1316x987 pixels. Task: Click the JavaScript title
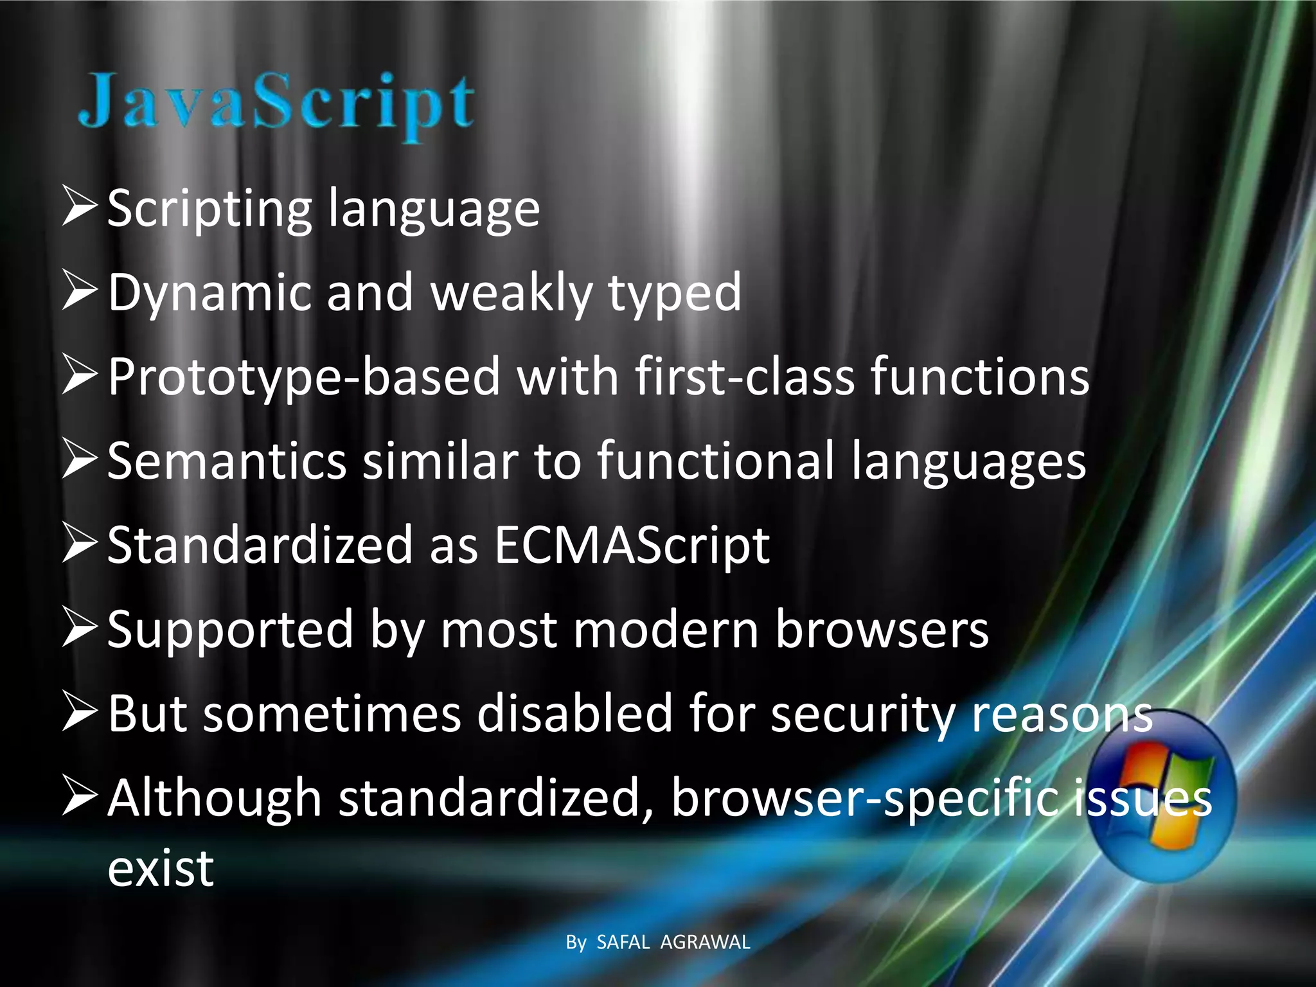276,103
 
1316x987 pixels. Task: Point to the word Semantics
227,461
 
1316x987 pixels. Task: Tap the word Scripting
209,209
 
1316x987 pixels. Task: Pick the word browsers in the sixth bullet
882,630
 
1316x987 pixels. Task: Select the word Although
215,799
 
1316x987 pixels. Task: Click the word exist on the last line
161,869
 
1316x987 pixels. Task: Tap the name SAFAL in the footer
623,942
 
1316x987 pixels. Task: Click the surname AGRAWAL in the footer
705,942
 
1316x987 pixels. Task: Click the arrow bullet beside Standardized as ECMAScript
79,544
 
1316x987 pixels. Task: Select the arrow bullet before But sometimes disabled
79,713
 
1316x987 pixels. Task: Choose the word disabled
574,715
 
